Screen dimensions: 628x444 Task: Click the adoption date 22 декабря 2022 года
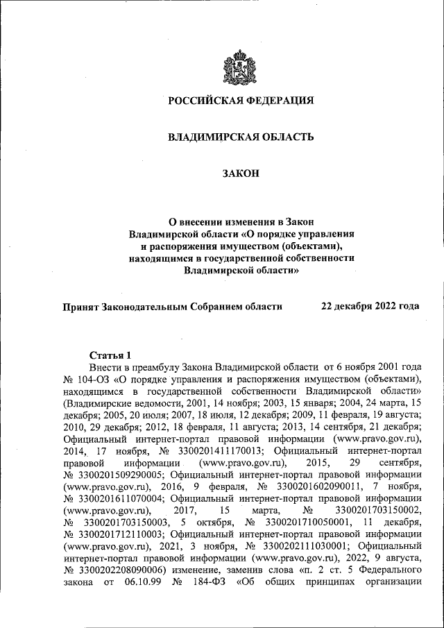pos(369,306)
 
